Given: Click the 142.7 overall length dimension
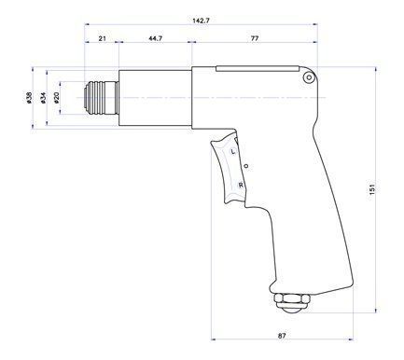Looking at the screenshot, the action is pyautogui.click(x=202, y=21).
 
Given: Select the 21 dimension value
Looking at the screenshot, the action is pyautogui.click(x=103, y=38).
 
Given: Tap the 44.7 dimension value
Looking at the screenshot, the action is pyautogui.click(x=156, y=38).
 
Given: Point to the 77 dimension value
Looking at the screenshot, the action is pyautogui.click(x=255, y=38).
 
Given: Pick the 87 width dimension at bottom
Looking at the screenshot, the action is pyautogui.click(x=282, y=336).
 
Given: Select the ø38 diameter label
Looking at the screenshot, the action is pyautogui.click(x=29, y=97).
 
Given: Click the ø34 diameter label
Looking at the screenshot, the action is pyautogui.click(x=43, y=97).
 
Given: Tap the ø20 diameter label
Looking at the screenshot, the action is pyautogui.click(x=56, y=97).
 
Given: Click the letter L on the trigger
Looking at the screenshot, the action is pyautogui.click(x=233, y=152).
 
